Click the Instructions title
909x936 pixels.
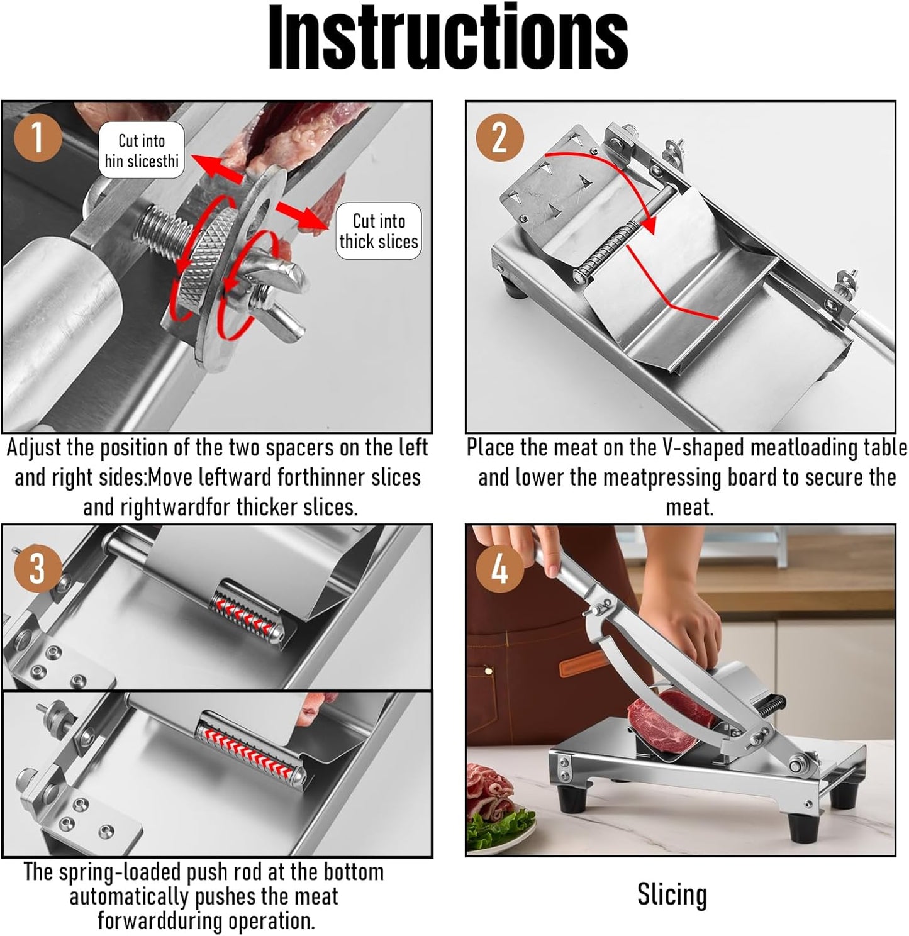448,39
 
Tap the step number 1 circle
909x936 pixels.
38,137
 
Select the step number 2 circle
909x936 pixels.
499,137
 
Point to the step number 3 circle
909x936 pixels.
38,567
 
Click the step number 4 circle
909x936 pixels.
499,567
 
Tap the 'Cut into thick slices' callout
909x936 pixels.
379,231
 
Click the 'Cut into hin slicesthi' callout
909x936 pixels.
142,151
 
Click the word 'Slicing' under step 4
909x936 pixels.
672,894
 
